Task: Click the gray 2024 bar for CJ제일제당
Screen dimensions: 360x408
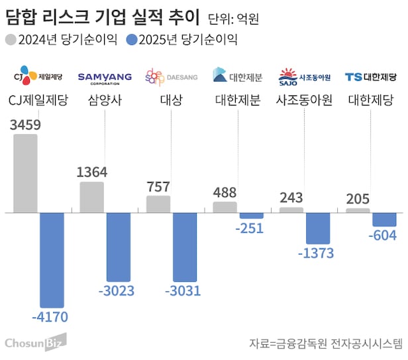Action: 25,173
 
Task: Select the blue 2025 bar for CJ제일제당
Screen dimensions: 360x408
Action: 52,259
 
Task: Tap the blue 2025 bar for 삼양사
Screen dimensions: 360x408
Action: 119,246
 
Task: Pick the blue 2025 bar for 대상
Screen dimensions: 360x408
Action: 185,247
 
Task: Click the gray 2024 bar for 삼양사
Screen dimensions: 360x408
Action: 91,197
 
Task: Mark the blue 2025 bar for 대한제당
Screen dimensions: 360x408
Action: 384,219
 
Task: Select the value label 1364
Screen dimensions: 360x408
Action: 92,172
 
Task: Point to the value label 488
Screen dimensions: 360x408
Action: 225,193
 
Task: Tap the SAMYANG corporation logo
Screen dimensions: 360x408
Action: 105,78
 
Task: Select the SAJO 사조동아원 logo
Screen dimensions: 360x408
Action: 305,76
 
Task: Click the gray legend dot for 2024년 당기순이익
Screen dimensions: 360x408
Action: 11,40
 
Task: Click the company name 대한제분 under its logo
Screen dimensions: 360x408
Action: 238,101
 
